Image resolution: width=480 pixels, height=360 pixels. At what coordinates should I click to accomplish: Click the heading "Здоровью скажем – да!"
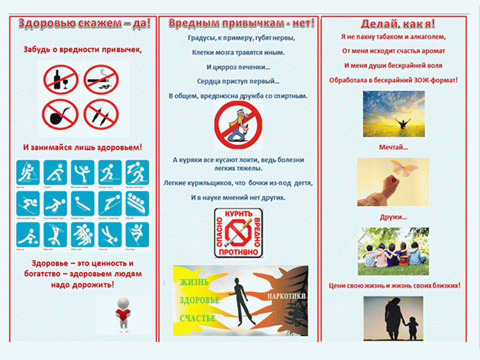(83, 23)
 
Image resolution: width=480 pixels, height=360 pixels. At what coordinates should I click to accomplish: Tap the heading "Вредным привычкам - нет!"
(241, 23)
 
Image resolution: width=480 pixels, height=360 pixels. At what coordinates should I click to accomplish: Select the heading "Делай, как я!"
(398, 24)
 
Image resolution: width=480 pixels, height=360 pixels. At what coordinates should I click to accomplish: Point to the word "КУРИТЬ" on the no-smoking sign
(238, 214)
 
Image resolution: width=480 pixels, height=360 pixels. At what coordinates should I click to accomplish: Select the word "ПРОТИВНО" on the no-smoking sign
(239, 253)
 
